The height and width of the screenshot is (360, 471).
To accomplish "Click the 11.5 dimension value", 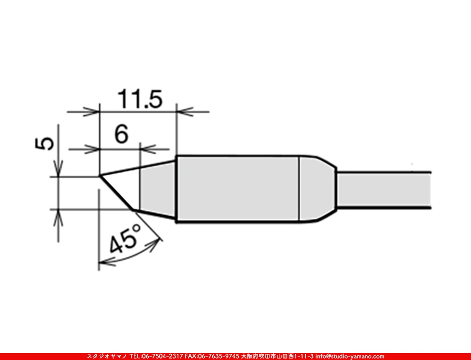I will pos(139,99).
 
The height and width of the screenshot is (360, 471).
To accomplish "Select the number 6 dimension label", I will pos(121,136).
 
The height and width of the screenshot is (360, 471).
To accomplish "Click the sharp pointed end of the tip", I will pos(100,176).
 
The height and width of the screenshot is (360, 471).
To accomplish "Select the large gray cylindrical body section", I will pos(238,189).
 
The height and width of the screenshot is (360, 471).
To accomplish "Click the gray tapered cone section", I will pos(158,189).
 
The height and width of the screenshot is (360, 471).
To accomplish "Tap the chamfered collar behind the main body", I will pos(317,189).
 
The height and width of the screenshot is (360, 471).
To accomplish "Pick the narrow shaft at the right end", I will pos(384,189).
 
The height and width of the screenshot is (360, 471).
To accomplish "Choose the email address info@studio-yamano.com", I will pos(350,356).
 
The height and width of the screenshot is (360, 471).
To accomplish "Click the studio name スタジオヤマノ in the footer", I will pos(106,356).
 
